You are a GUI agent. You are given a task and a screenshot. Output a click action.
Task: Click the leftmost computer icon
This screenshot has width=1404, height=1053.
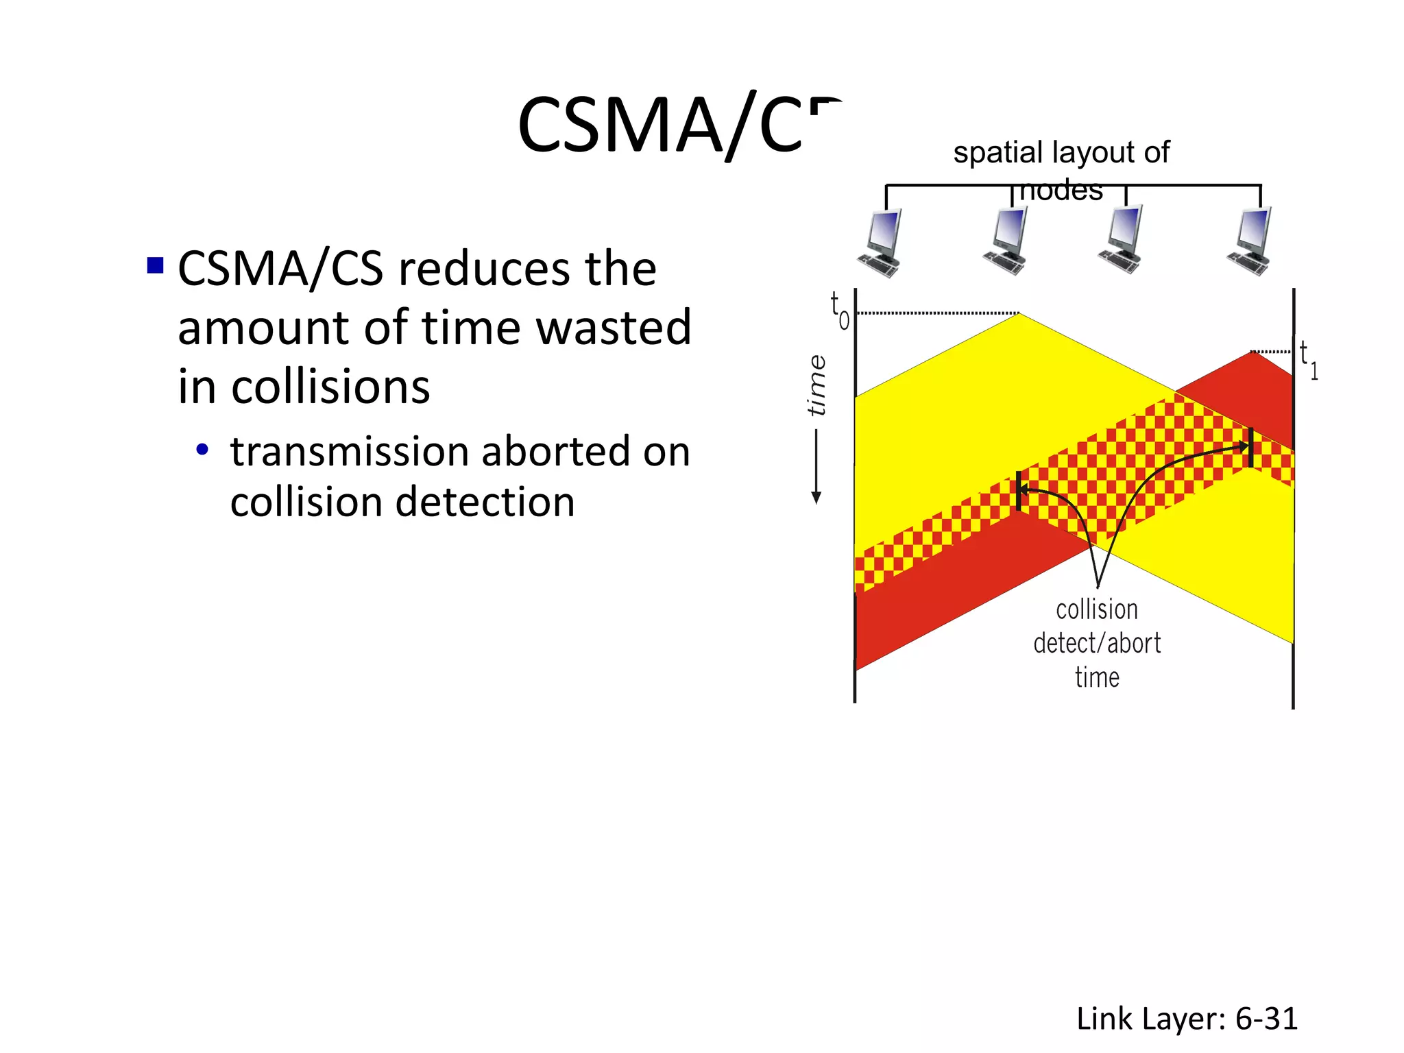click(880, 243)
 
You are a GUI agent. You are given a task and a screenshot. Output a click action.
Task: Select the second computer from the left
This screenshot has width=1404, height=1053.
click(1006, 242)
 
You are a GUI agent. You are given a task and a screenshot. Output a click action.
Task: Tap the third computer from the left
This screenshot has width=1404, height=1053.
click(1122, 241)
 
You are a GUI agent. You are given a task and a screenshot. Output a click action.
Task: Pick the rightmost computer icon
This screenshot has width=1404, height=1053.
click(1250, 242)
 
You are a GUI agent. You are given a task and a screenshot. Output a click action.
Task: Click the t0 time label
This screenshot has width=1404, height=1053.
click(839, 310)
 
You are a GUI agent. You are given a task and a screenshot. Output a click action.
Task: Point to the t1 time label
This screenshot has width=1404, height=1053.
click(1308, 360)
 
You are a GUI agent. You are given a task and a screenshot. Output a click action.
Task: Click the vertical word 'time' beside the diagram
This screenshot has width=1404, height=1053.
click(816, 385)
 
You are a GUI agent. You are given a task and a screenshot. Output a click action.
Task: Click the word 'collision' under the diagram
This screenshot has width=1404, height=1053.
click(1097, 609)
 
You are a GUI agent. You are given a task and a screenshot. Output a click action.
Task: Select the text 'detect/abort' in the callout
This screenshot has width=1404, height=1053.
click(1097, 643)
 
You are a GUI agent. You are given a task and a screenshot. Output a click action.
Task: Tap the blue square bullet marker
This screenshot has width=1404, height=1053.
click(156, 265)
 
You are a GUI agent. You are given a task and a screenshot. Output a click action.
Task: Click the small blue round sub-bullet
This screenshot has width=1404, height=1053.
click(202, 450)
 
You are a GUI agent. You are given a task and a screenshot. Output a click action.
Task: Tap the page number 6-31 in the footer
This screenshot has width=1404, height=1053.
click(1266, 1019)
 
